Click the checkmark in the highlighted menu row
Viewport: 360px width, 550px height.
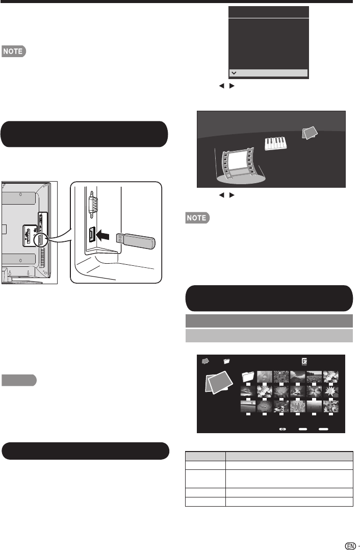click(233, 73)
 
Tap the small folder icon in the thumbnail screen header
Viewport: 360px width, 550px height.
click(227, 361)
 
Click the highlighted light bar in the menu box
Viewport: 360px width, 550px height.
click(268, 73)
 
